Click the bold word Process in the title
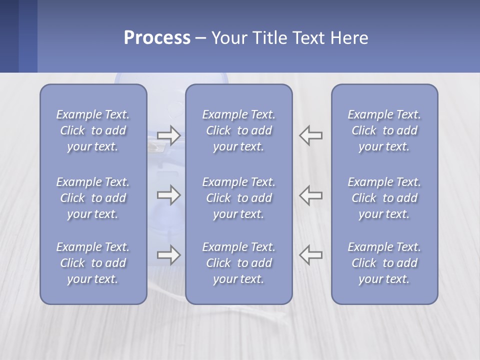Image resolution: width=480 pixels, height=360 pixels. click(157, 38)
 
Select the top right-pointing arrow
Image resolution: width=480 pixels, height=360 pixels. click(168, 135)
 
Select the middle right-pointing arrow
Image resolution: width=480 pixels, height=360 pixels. click(168, 195)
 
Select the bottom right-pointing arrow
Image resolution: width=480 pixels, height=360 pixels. click(168, 255)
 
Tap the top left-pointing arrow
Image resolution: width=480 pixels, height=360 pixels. click(311, 135)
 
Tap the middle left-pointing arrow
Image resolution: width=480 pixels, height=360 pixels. click(311, 195)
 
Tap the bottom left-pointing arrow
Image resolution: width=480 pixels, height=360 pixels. click(311, 255)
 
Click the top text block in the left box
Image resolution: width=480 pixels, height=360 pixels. click(93, 130)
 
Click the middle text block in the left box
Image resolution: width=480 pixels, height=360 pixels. click(93, 198)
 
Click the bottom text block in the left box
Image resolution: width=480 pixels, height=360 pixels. click(93, 263)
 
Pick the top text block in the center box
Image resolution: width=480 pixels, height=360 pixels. click(238, 130)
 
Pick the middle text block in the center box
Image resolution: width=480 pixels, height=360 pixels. click(238, 198)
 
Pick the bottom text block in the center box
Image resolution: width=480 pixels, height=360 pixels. click(238, 263)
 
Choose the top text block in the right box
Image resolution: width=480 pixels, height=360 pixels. click(384, 130)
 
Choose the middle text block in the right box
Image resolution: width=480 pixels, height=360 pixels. click(384, 198)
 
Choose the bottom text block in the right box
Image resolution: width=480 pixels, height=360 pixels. click(384, 263)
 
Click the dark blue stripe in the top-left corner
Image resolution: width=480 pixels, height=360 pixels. click(9, 36)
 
